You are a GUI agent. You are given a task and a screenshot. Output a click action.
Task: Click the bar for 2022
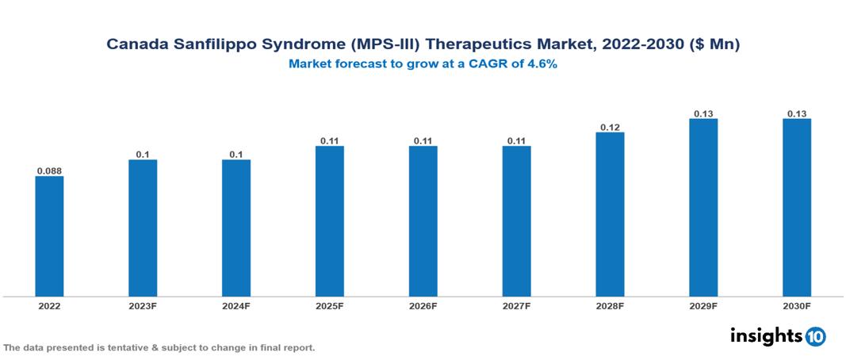[x=49, y=236]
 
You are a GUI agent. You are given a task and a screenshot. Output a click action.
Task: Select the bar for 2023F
[x=143, y=228]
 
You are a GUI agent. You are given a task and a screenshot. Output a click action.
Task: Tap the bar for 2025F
[x=330, y=221]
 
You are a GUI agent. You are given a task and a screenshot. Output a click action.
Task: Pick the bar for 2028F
[x=610, y=214]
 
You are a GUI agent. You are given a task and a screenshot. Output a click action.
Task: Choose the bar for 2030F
[x=797, y=208]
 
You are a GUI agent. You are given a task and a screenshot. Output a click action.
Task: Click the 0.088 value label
[x=49, y=170]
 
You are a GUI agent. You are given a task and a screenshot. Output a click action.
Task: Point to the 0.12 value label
[x=610, y=126]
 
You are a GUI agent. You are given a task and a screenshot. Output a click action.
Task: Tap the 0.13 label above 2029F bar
[x=703, y=113]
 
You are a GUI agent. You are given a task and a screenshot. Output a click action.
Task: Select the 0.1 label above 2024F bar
[x=236, y=154]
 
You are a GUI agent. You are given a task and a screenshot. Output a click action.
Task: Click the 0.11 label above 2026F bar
[x=423, y=140]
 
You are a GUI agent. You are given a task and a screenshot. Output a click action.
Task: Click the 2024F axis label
[x=236, y=306]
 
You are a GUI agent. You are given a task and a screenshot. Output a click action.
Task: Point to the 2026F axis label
[x=423, y=306]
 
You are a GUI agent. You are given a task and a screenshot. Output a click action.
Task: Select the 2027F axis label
[x=517, y=306]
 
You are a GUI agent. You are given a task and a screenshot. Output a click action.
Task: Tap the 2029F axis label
[x=703, y=306]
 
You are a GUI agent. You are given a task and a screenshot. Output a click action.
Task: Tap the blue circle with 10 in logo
[x=815, y=336]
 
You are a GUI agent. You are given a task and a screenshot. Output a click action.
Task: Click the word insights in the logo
[x=766, y=336]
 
